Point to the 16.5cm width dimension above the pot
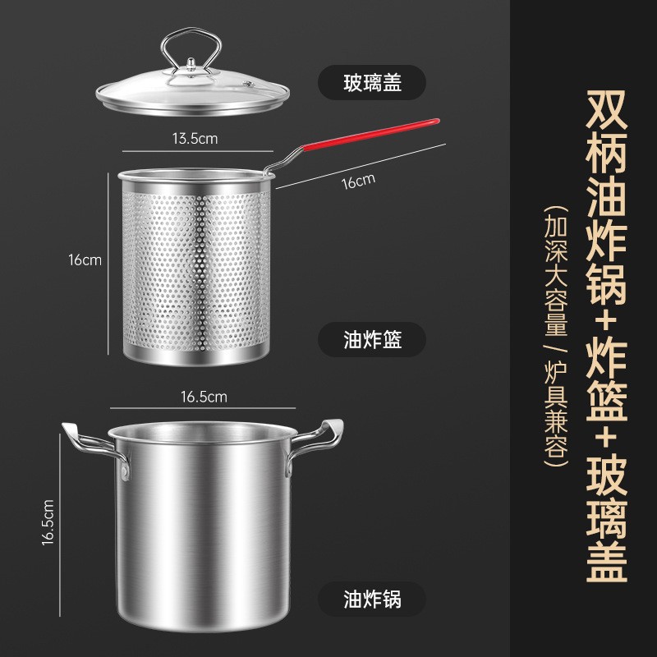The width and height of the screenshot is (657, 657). (203, 397)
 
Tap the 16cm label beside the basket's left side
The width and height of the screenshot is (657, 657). (85, 260)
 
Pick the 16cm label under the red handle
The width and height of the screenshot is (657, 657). (358, 180)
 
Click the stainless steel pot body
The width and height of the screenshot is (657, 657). (202, 526)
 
